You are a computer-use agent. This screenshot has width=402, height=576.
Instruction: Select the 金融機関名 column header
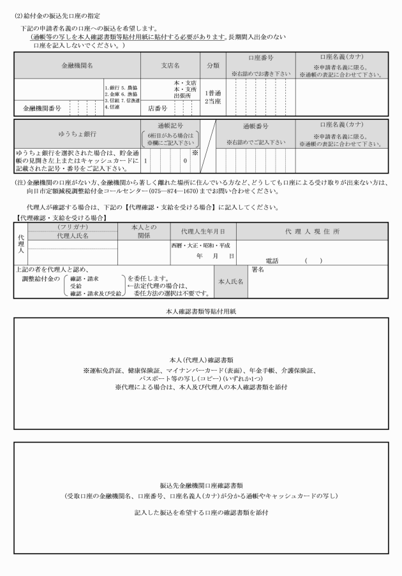(77, 65)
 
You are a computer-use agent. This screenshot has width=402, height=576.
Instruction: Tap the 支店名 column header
(170, 65)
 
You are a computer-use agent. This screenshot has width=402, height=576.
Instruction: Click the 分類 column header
(212, 65)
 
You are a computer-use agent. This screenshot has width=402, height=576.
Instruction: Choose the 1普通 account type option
(212, 92)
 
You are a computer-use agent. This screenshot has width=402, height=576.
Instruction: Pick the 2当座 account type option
(212, 101)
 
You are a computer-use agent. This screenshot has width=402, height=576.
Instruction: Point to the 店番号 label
(158, 108)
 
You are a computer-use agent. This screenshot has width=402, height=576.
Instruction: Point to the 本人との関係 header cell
(144, 231)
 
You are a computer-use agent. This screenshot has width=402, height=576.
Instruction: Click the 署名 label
(258, 270)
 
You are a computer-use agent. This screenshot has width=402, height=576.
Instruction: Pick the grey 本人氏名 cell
(230, 281)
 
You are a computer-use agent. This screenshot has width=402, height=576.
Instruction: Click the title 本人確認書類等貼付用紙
(200, 310)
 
